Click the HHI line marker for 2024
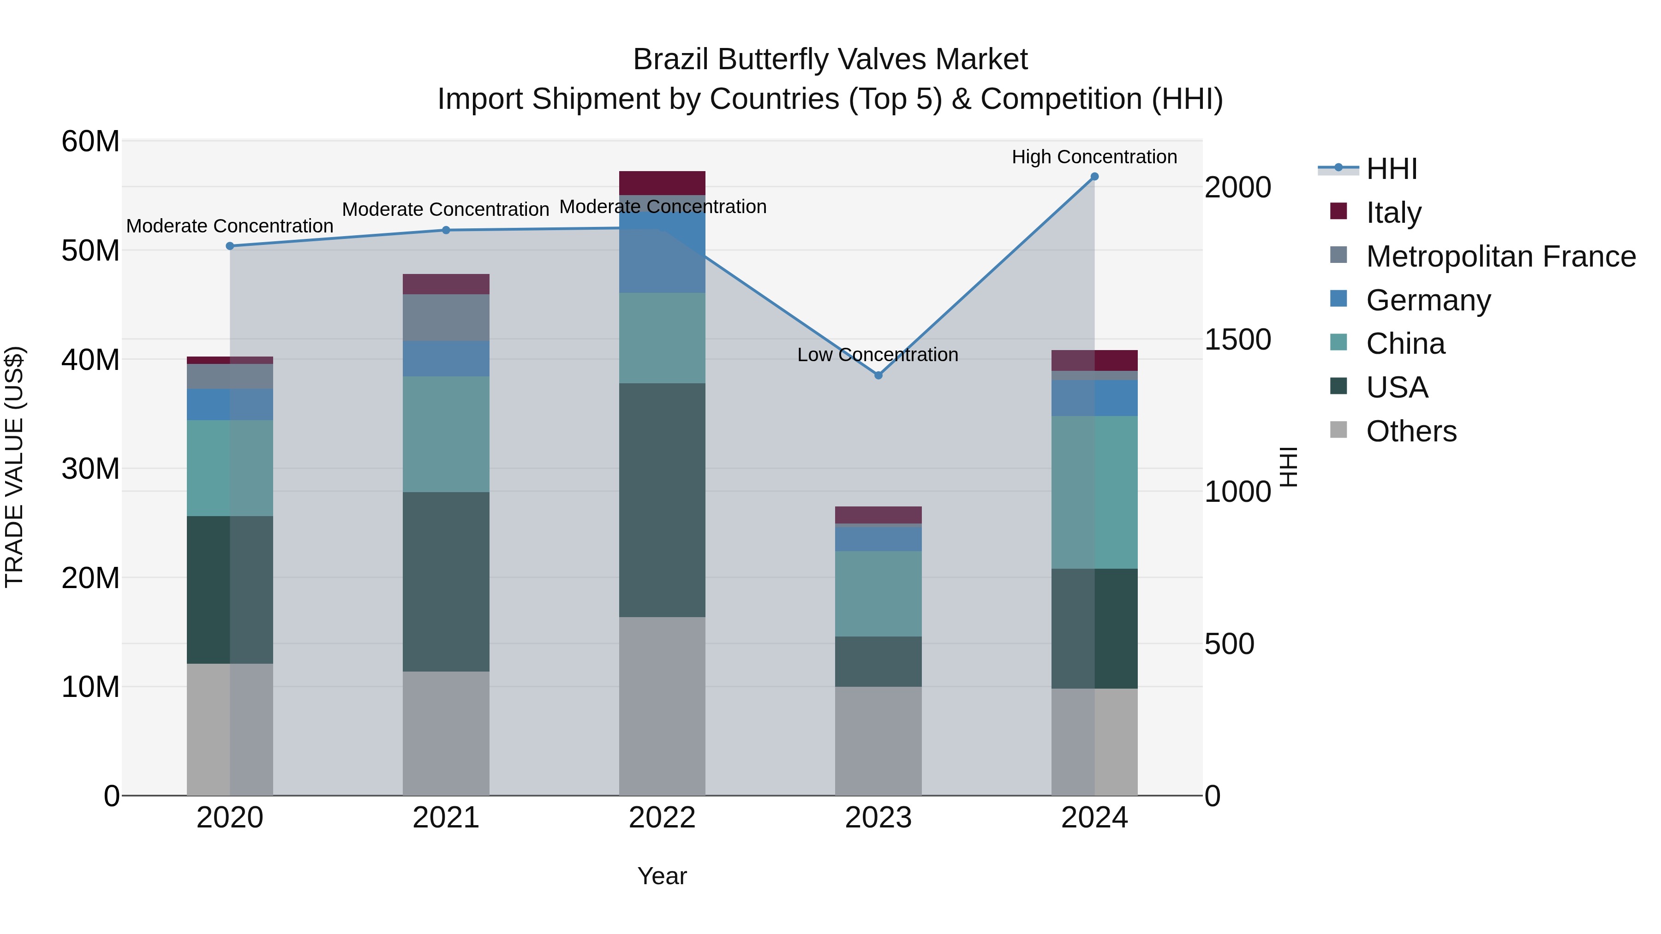pos(1094,177)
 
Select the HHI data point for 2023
pos(878,375)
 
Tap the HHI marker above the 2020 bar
pos(230,245)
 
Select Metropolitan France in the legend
pos(1500,256)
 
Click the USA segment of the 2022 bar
pos(662,500)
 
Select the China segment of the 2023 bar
pos(878,593)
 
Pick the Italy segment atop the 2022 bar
pos(662,183)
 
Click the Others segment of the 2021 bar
pos(446,733)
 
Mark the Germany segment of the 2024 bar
pos(1094,398)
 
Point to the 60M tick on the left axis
pos(90,141)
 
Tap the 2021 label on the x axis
pos(446,818)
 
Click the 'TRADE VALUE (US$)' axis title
pos(14,467)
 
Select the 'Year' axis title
pos(662,876)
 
